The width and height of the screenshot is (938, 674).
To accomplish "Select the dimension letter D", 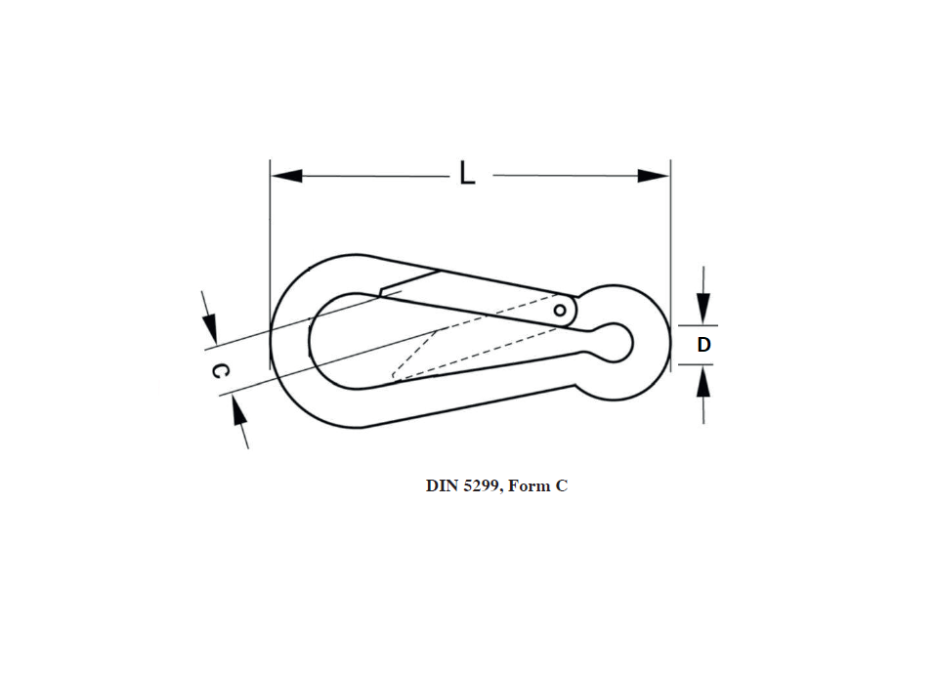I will [x=703, y=345].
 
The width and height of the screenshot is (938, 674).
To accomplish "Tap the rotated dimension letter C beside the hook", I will [x=222, y=371].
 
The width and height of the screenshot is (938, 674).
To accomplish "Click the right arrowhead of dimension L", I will [x=654, y=177].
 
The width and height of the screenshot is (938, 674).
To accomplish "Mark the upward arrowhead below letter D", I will [x=703, y=382].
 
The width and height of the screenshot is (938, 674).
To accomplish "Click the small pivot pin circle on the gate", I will [x=560, y=311].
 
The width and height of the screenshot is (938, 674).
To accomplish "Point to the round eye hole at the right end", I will [x=616, y=343].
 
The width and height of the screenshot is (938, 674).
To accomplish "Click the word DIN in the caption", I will [x=443, y=485].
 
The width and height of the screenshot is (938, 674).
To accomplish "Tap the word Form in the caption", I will [x=529, y=485].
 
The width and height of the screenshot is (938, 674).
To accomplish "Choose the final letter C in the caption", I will [x=562, y=485].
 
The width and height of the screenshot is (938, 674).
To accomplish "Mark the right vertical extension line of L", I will [x=670, y=244].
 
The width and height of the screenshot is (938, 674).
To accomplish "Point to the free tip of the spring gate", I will [x=383, y=290].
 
